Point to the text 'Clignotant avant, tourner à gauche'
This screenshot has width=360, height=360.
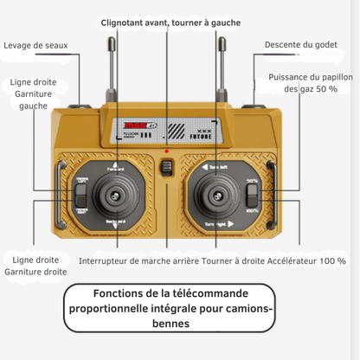pyautogui.click(x=170, y=22)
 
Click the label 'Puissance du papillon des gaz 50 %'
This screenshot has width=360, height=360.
pyautogui.click(x=311, y=83)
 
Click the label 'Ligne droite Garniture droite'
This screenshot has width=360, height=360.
pyautogui.click(x=35, y=266)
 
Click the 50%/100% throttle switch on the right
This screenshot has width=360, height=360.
pyautogui.click(x=252, y=196)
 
